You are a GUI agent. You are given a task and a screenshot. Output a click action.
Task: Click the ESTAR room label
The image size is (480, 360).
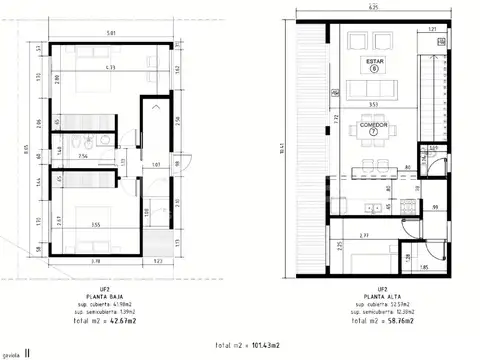tap(374, 61)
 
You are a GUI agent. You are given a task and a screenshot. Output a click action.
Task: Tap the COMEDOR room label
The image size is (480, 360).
tap(374, 124)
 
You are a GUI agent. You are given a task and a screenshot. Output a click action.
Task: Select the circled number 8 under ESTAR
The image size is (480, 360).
tap(374, 69)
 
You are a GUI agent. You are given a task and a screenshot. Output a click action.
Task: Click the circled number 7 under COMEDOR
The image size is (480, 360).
tap(374, 132)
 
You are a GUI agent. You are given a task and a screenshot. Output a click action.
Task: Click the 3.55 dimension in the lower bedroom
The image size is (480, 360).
tap(92, 226)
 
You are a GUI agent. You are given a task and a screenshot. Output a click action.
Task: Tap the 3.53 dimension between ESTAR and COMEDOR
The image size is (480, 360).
tap(372, 103)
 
